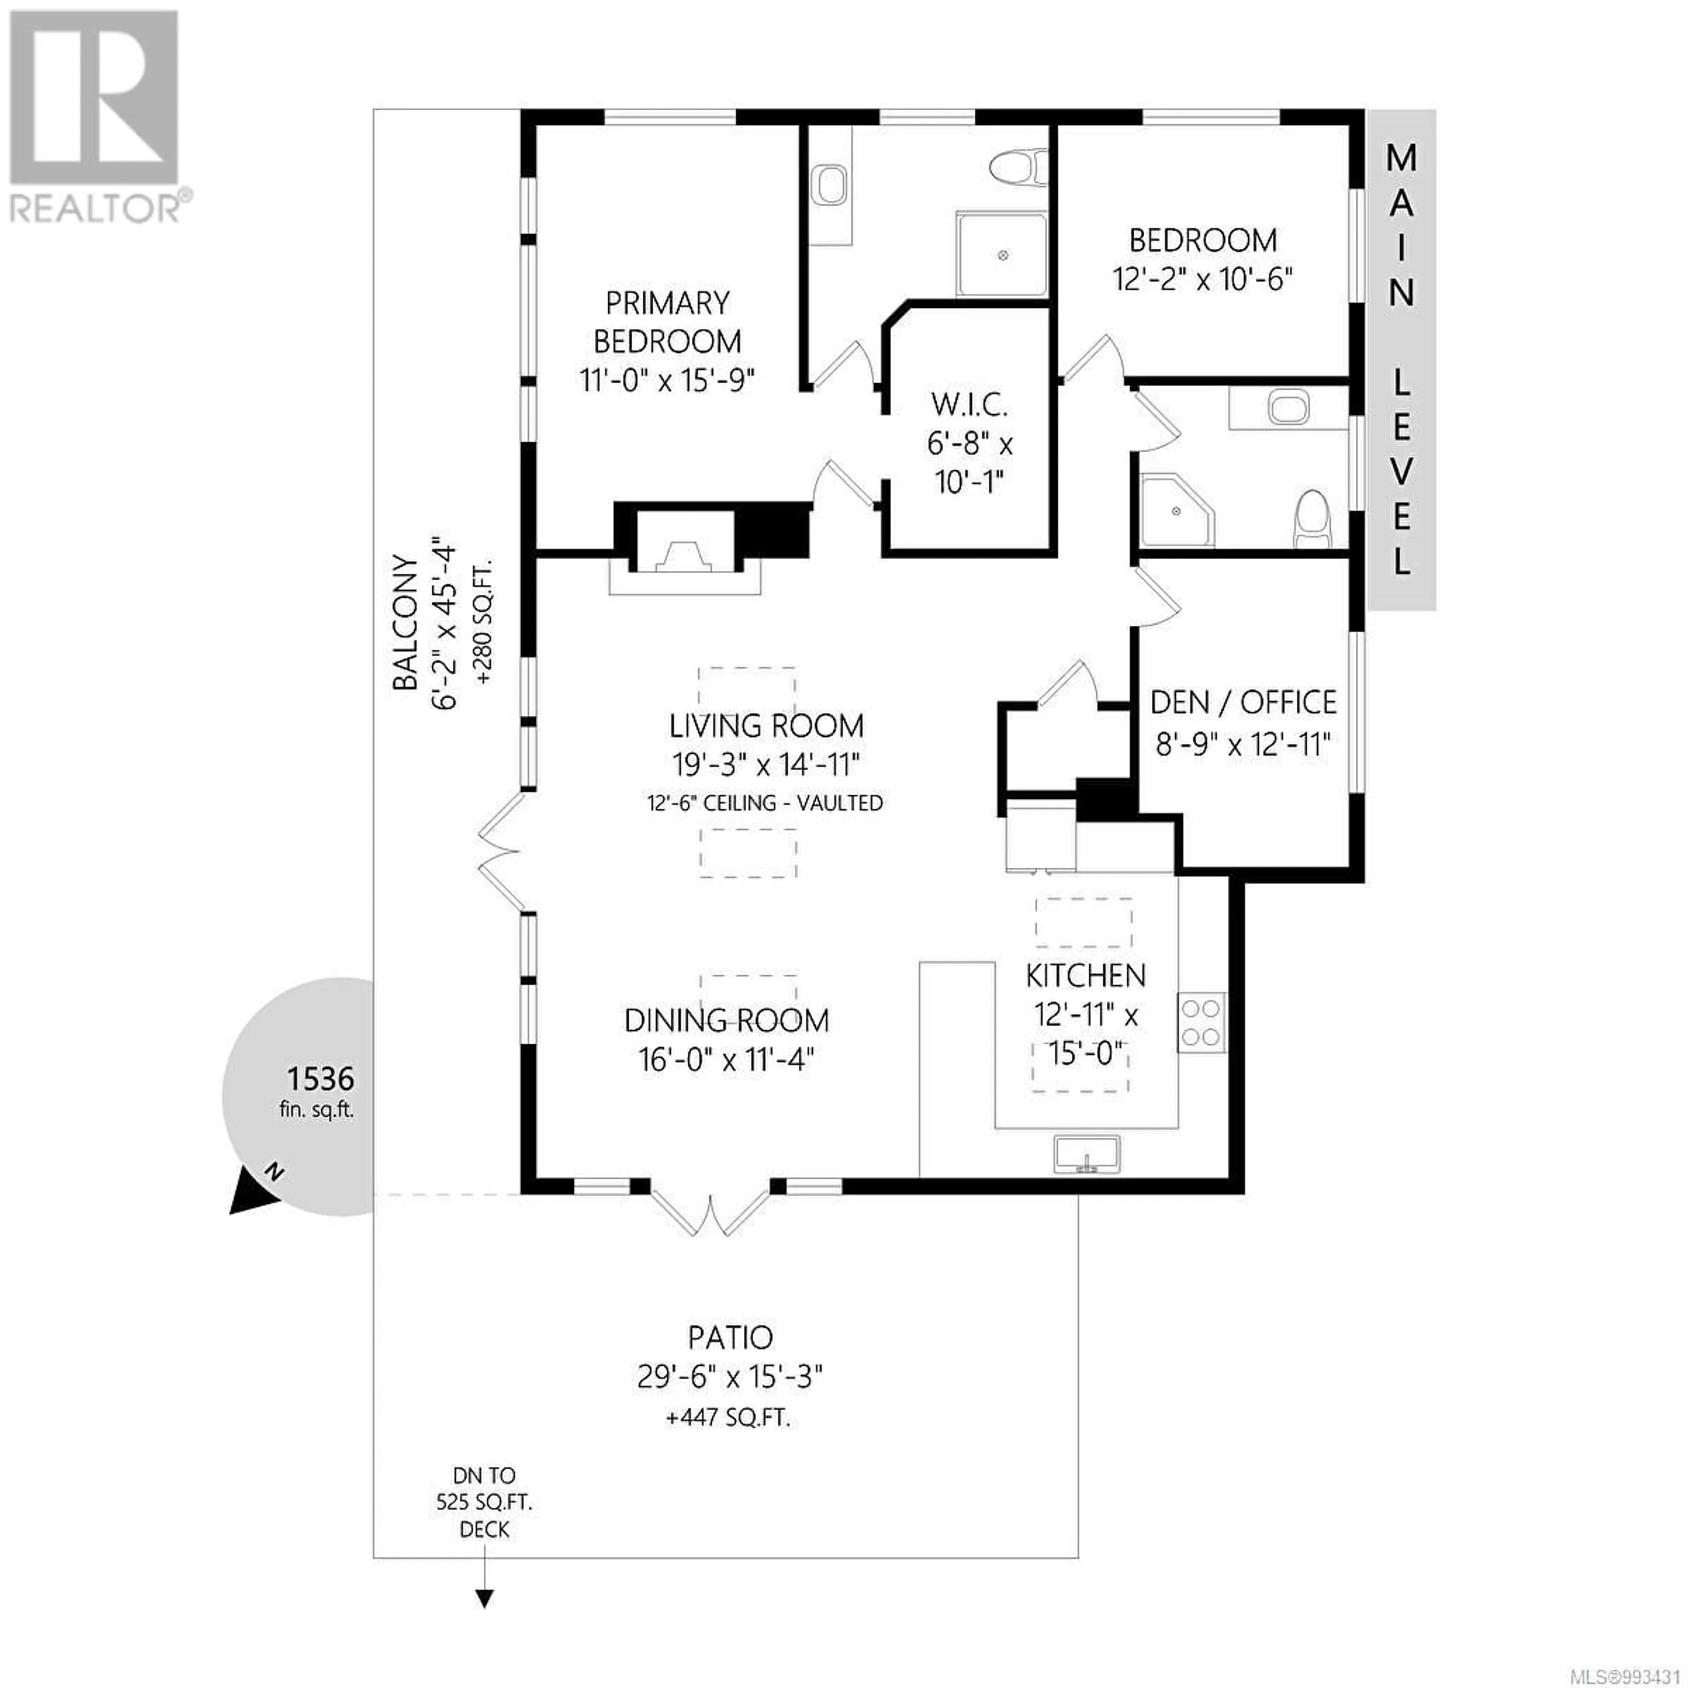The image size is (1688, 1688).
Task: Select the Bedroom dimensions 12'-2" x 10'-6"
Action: tap(1202, 280)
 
